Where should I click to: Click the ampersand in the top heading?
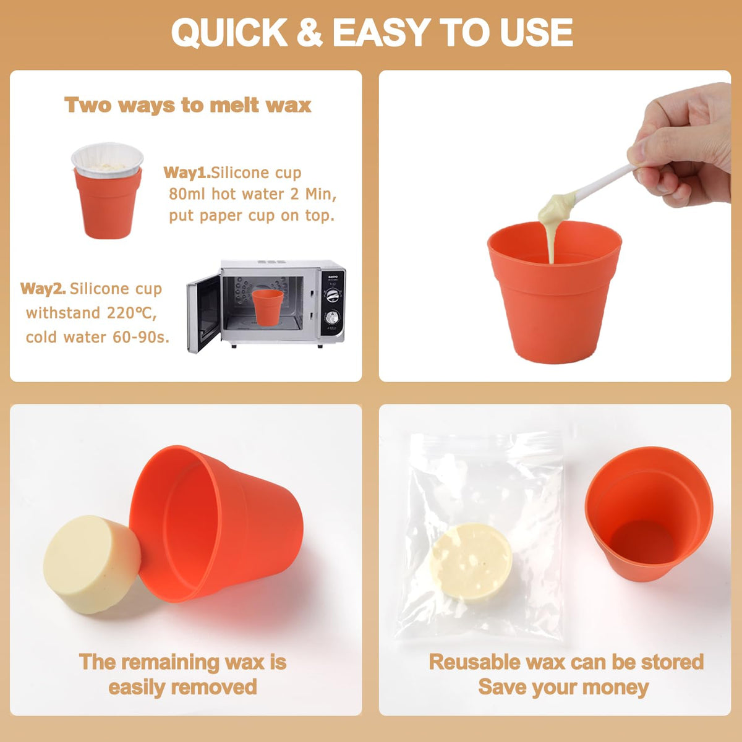pyautogui.click(x=309, y=32)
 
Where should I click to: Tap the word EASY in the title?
pyautogui.click(x=382, y=32)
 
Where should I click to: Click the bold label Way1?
pyautogui.click(x=187, y=173)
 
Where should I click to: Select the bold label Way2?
pyautogui.click(x=43, y=288)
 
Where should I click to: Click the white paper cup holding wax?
pyautogui.click(x=108, y=160)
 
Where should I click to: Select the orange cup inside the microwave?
pyautogui.click(x=267, y=307)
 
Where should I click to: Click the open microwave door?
pyautogui.click(x=203, y=313)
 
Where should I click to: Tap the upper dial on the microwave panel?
pyautogui.click(x=332, y=296)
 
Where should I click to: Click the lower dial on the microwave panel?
pyautogui.click(x=332, y=318)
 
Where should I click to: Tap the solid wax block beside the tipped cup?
pyautogui.click(x=92, y=565)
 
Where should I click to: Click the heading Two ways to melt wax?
pyautogui.click(x=188, y=105)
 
